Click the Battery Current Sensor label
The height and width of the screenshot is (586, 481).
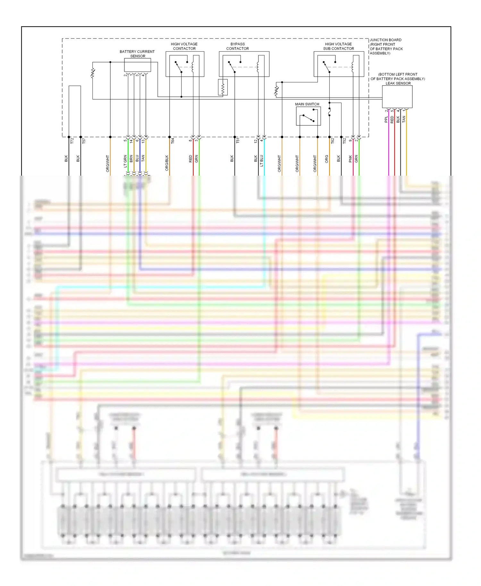pos(137,54)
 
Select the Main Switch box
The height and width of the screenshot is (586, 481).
pos(308,116)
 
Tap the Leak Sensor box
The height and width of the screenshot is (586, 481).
pos(397,96)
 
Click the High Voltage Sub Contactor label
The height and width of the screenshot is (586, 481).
pos(338,46)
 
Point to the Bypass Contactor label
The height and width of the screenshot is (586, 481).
pos(237,46)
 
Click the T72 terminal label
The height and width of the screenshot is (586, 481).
pos(72,140)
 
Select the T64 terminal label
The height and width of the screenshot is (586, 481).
pos(173,140)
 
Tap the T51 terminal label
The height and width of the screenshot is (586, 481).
pos(238,140)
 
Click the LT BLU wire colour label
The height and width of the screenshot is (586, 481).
pos(261,161)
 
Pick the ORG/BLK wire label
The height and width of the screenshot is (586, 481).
pos(167,163)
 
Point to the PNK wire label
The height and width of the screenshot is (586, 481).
pos(350,159)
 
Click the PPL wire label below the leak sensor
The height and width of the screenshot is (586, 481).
pos(386,120)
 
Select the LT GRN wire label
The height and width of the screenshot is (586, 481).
pos(125,161)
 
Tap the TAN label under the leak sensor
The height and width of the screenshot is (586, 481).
pos(404,119)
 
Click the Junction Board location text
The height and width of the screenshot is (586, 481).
pos(386,46)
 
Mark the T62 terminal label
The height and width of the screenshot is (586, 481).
pos(333,140)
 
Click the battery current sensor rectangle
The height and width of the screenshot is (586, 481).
pos(137,65)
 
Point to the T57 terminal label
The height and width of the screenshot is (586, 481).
pos(84,140)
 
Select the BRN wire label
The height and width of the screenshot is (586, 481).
pos(131,158)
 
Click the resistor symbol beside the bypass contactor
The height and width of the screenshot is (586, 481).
pos(223,87)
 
